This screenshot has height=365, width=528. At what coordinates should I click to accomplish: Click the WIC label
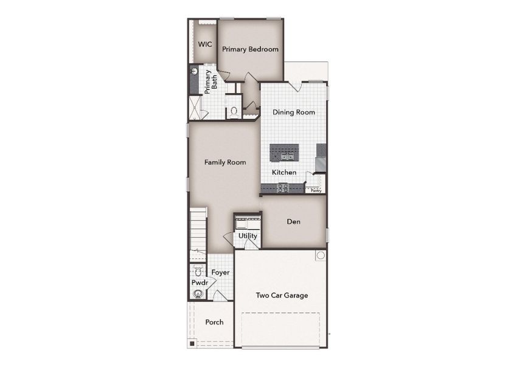[x=204, y=44]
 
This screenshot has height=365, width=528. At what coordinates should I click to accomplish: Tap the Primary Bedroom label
[x=249, y=49]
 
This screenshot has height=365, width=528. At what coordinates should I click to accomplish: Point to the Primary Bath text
[x=210, y=82]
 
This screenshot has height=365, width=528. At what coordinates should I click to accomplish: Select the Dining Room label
[x=293, y=112]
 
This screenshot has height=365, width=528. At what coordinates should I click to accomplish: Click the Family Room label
[x=225, y=162]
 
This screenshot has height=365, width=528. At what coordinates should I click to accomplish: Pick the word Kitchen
[x=284, y=172]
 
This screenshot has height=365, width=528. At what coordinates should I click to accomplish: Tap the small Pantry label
[x=316, y=190]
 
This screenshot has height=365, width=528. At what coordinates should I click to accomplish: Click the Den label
[x=294, y=221]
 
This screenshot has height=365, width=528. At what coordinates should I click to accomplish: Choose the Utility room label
[x=248, y=235]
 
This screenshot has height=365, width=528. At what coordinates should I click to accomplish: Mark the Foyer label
[x=220, y=272]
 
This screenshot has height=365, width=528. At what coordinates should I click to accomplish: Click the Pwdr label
[x=200, y=283]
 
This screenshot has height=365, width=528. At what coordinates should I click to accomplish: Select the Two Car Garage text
[x=282, y=296]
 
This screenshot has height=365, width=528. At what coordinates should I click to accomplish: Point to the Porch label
[x=214, y=322]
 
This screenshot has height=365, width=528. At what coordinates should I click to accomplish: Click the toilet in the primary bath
[x=234, y=111]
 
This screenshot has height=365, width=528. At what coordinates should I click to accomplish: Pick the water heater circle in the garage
[x=319, y=256]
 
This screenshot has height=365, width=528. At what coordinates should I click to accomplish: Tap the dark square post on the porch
[x=192, y=344]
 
